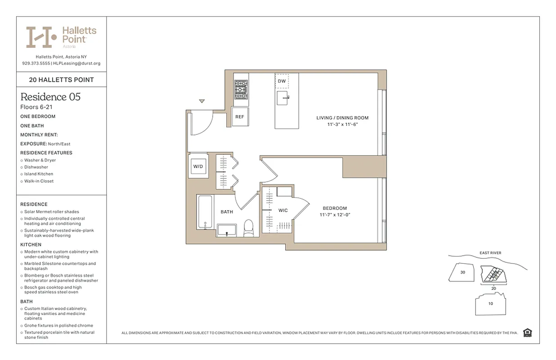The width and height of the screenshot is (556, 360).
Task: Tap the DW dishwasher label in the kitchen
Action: point(282,81)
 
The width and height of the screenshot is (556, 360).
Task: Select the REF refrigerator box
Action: point(240,117)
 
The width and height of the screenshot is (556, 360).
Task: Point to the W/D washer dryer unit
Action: point(198,166)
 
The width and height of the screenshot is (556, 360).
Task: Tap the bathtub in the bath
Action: point(205,215)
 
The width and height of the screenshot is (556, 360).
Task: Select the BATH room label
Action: point(227,211)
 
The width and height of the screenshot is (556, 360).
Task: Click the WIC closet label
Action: point(283,210)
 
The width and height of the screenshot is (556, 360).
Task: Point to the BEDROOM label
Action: point(335,208)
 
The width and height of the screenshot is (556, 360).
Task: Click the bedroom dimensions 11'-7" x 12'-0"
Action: point(335,215)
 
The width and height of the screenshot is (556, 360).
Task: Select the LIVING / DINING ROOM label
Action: point(342,118)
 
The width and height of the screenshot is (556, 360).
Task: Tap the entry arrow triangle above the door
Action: point(202,101)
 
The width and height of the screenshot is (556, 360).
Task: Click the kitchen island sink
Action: point(282,97)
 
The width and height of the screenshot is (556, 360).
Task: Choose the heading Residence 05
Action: point(50,97)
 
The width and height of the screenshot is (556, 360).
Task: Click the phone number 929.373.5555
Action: point(36,63)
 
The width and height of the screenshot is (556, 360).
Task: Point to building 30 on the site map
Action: point(463,272)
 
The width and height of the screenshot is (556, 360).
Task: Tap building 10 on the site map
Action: point(490,303)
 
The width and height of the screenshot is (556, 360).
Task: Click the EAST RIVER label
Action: point(490,253)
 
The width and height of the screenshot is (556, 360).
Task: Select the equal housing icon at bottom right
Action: point(528,333)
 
